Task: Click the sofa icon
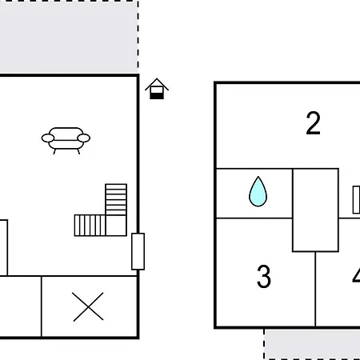66,138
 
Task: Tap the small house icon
157,89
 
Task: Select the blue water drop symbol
258,192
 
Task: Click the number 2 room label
313,123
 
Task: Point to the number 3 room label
264,277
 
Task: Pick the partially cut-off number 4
355,277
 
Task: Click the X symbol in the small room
88,306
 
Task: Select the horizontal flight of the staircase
90,225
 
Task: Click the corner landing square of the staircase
116,225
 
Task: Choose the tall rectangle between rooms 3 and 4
315,210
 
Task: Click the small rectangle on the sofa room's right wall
138,251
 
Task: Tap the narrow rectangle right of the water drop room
356,200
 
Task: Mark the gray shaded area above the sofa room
68,36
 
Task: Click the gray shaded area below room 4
312,343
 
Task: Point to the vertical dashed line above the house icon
138,36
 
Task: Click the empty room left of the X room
20,306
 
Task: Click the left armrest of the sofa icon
47,138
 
